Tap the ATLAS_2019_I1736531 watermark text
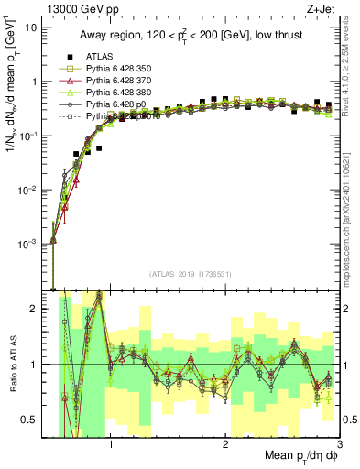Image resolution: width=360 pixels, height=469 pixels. pyautogui.click(x=191, y=273)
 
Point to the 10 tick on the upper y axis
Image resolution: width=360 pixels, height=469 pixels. pyautogui.click(x=31, y=27)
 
